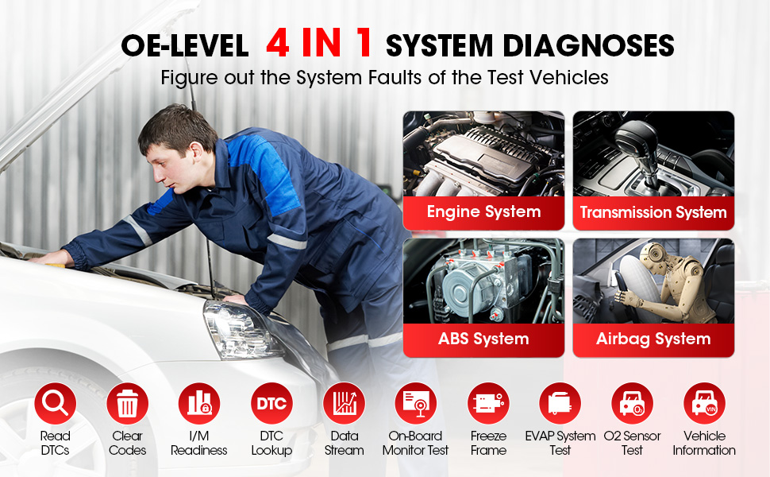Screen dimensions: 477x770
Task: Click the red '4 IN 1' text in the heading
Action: pyautogui.click(x=319, y=45)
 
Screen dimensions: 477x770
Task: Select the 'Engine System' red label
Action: pyautogui.click(x=483, y=212)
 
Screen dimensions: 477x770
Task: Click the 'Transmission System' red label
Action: pyautogui.click(x=653, y=212)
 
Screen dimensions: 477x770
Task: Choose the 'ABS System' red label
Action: pyautogui.click(x=483, y=339)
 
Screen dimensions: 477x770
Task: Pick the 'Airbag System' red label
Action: pyautogui.click(x=653, y=339)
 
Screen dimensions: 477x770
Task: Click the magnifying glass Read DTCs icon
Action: pyautogui.click(x=55, y=403)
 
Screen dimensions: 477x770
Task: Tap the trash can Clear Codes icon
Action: pyautogui.click(x=127, y=403)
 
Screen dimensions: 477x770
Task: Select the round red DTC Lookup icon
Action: pyautogui.click(x=271, y=403)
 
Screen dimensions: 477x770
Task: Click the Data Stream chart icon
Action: pyautogui.click(x=344, y=403)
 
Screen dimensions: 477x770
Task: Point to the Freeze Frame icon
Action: pyautogui.click(x=488, y=403)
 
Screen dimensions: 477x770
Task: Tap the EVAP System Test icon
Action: pyautogui.click(x=560, y=403)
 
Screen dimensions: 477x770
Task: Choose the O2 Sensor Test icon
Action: pyautogui.click(x=632, y=403)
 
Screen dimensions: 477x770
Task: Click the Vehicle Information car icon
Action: pyautogui.click(x=704, y=403)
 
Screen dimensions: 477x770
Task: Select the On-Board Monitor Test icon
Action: pyautogui.click(x=416, y=403)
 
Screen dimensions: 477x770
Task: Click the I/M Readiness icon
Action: pyautogui.click(x=199, y=403)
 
